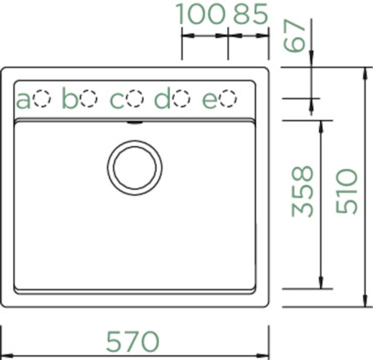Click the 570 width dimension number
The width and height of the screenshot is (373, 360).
click(132, 341)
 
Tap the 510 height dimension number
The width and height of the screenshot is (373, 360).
click(346, 191)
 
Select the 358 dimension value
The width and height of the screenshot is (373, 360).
click(302, 191)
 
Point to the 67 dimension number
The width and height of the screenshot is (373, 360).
click(294, 36)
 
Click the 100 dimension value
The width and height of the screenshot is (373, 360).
click(200, 14)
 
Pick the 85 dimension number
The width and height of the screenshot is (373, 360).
click(251, 14)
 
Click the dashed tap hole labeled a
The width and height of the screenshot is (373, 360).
click(42, 99)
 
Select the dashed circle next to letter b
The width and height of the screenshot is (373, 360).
click(89, 99)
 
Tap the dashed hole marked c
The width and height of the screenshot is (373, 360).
click(135, 99)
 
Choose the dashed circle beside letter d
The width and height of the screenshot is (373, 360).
click(182, 99)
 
